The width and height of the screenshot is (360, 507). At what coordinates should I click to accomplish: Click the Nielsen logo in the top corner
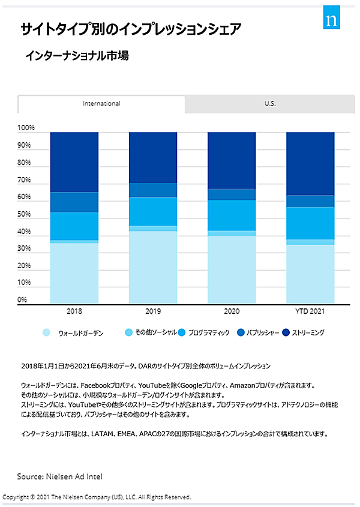332,17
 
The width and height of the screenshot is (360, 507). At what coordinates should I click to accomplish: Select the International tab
101,104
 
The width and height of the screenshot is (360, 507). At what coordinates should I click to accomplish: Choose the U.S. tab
270,104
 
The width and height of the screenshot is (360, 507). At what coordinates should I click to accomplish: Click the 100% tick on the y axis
26,128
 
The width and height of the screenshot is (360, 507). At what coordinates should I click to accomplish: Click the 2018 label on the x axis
74,312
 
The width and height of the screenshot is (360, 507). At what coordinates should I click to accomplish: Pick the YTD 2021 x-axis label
310,312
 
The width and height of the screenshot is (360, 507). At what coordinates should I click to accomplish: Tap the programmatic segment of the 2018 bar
74,226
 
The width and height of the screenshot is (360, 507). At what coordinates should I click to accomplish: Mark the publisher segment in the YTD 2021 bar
310,201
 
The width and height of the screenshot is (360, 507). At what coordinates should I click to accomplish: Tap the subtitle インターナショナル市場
77,56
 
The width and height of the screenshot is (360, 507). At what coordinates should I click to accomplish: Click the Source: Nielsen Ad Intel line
59,476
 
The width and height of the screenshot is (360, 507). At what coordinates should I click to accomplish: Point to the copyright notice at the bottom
97,497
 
